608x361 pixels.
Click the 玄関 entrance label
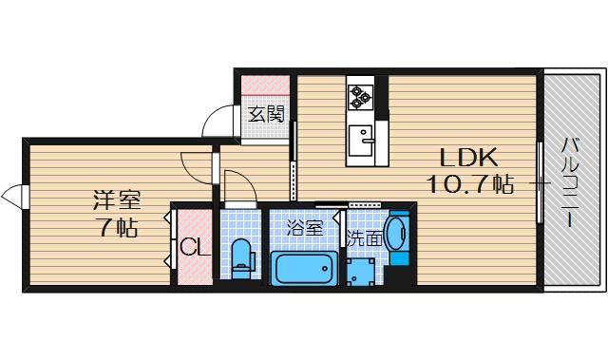coord(267,115)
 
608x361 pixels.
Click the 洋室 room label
coord(117,200)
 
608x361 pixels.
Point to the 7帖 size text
coord(117,227)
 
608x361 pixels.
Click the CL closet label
coord(194,249)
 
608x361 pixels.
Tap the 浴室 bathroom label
coord(305,229)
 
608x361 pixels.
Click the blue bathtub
coord(304,268)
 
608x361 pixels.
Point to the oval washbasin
coord(400,233)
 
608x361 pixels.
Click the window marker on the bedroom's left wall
coord(13,197)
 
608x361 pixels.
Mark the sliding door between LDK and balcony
coord(541,181)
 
